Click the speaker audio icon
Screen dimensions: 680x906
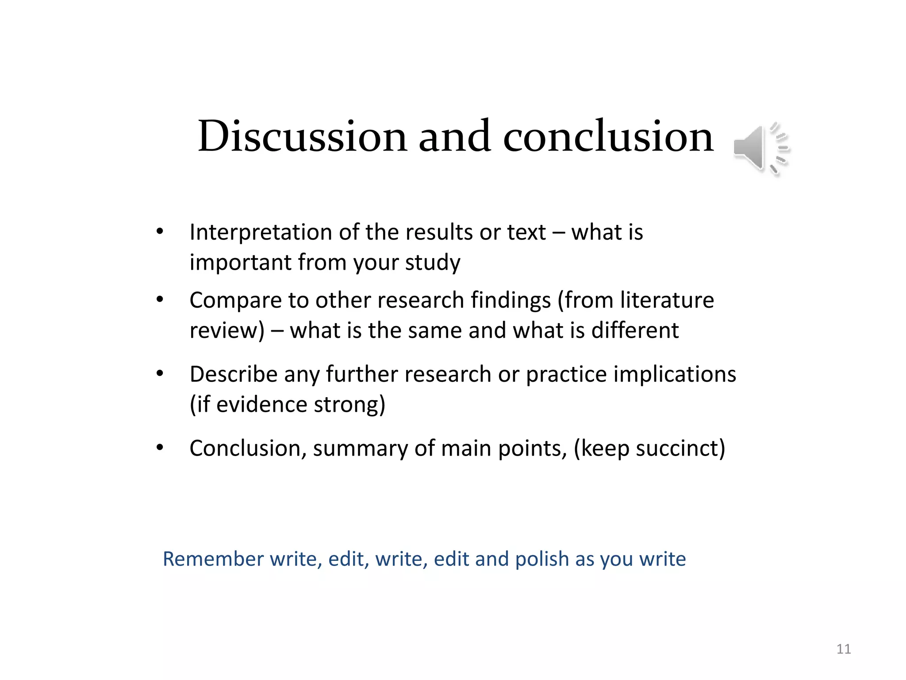(761, 148)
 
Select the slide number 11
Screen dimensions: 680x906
(844, 649)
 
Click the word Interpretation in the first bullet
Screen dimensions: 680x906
(261, 232)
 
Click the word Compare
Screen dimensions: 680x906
(235, 300)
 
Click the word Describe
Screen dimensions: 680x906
(233, 375)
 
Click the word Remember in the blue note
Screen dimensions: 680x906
(213, 559)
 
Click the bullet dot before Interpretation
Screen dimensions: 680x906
(160, 232)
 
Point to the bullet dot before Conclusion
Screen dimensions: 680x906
(160, 448)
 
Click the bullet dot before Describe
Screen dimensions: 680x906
(160, 374)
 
